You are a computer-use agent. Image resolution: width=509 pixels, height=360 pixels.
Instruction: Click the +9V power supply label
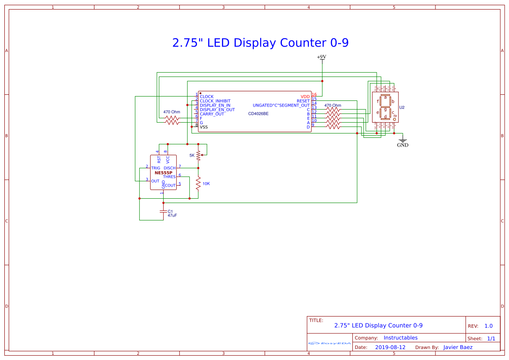[321, 57]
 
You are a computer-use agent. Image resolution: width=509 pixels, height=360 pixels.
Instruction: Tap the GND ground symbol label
[403, 145]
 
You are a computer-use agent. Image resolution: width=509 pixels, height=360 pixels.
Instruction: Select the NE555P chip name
[163, 173]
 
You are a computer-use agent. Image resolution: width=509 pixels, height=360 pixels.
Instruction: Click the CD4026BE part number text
[258, 114]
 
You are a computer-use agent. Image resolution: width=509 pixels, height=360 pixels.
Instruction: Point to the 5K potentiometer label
[192, 155]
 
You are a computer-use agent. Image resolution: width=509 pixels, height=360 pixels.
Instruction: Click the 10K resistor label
[206, 183]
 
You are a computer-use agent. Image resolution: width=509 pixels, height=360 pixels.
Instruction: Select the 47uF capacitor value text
[172, 216]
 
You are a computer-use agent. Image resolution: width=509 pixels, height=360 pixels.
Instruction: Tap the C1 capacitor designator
[170, 211]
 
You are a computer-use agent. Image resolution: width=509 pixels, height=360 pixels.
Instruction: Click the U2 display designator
[402, 107]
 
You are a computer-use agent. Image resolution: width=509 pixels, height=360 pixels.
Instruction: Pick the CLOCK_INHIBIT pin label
[215, 101]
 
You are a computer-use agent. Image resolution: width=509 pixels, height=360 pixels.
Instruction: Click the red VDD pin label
[305, 97]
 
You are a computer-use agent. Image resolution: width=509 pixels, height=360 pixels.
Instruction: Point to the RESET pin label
[303, 101]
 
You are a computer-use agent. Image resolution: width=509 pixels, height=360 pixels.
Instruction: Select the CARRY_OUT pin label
[212, 114]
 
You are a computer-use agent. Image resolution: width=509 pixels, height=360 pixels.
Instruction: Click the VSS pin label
[204, 127]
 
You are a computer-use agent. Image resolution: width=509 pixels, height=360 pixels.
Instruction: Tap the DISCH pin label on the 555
[170, 168]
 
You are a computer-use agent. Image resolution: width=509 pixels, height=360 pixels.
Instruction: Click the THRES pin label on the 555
[169, 177]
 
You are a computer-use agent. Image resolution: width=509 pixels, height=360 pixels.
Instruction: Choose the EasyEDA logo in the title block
[329, 343]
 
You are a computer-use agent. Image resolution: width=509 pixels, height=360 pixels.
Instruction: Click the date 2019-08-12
[390, 347]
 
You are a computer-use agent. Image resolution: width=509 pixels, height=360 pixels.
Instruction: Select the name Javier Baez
[458, 347]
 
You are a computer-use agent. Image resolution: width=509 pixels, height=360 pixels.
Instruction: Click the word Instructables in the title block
[400, 338]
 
